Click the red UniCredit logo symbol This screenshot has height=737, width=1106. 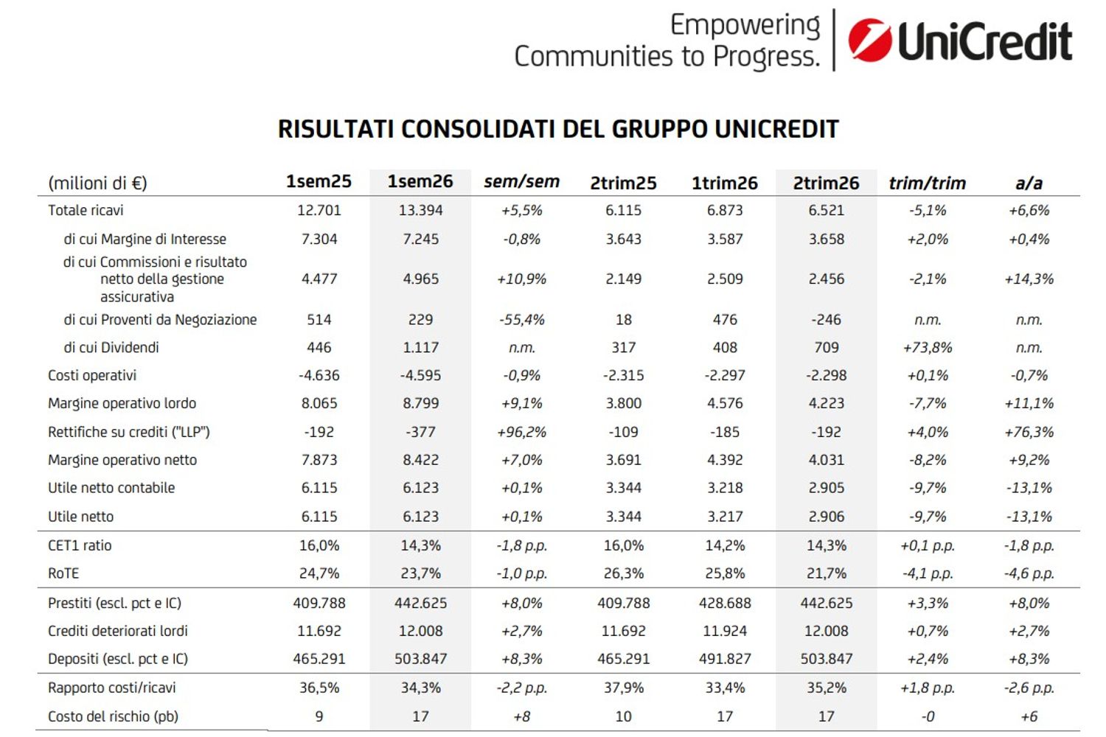(x=870, y=41)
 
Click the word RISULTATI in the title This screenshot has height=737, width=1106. (x=335, y=129)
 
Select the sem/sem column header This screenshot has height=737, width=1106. (x=521, y=182)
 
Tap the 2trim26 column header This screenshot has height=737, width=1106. (x=826, y=183)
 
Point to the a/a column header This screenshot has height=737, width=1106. (x=1029, y=184)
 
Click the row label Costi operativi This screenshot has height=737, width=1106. (x=92, y=376)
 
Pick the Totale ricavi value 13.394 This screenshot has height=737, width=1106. (x=420, y=210)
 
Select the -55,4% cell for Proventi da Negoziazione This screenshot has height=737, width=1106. (x=521, y=320)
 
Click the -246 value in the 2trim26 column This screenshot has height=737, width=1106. (x=826, y=320)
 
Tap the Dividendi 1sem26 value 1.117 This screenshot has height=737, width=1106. (x=420, y=348)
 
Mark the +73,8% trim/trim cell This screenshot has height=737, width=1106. (x=928, y=348)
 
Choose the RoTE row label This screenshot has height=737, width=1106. (x=63, y=573)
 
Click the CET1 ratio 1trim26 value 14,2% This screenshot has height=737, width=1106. (x=725, y=545)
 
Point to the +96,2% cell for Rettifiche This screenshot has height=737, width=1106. (x=521, y=433)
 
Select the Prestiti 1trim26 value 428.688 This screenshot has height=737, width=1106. (x=725, y=603)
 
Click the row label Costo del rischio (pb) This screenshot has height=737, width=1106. (x=113, y=717)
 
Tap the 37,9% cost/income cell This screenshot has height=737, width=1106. (x=624, y=688)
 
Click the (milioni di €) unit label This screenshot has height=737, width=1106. (x=97, y=184)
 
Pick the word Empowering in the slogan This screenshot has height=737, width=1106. (x=745, y=26)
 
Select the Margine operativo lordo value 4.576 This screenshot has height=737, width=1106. (x=725, y=404)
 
